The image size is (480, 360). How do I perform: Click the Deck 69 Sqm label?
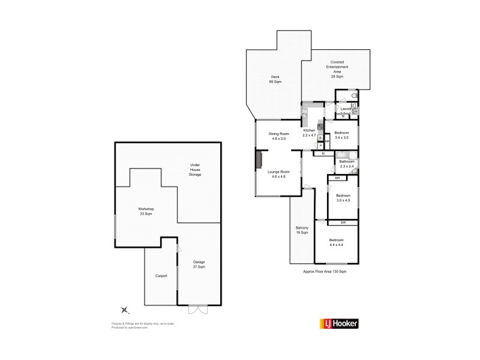click(275, 79)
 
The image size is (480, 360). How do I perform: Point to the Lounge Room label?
click(279, 175)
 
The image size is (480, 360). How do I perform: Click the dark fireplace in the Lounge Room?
click(259, 161)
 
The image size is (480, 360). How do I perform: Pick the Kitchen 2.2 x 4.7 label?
click(309, 133)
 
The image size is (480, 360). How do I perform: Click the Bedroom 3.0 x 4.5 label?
click(343, 198)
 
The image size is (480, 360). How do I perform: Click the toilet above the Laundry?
click(354, 96)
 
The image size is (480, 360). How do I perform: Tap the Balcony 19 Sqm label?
click(302, 230)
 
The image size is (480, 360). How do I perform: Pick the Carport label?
click(161, 275)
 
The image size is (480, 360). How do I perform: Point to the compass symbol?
click(124, 310)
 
